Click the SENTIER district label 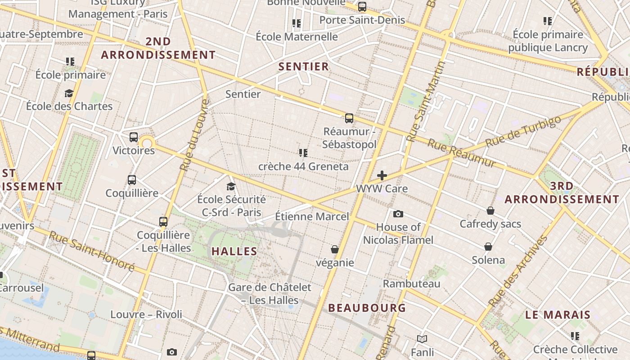click(304, 67)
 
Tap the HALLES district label click(234, 252)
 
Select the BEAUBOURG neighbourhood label click(367, 308)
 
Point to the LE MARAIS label click(558, 315)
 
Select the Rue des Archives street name click(518, 271)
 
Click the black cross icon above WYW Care click(382, 175)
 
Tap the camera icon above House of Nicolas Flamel click(398, 214)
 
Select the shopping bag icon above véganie click(335, 249)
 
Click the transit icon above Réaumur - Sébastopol click(349, 118)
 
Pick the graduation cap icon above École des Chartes click(69, 93)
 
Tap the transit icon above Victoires click(134, 137)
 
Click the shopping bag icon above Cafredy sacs click(490, 211)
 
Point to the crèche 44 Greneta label click(303, 166)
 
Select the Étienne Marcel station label click(312, 216)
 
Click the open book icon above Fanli click(422, 339)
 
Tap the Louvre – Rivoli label click(146, 315)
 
